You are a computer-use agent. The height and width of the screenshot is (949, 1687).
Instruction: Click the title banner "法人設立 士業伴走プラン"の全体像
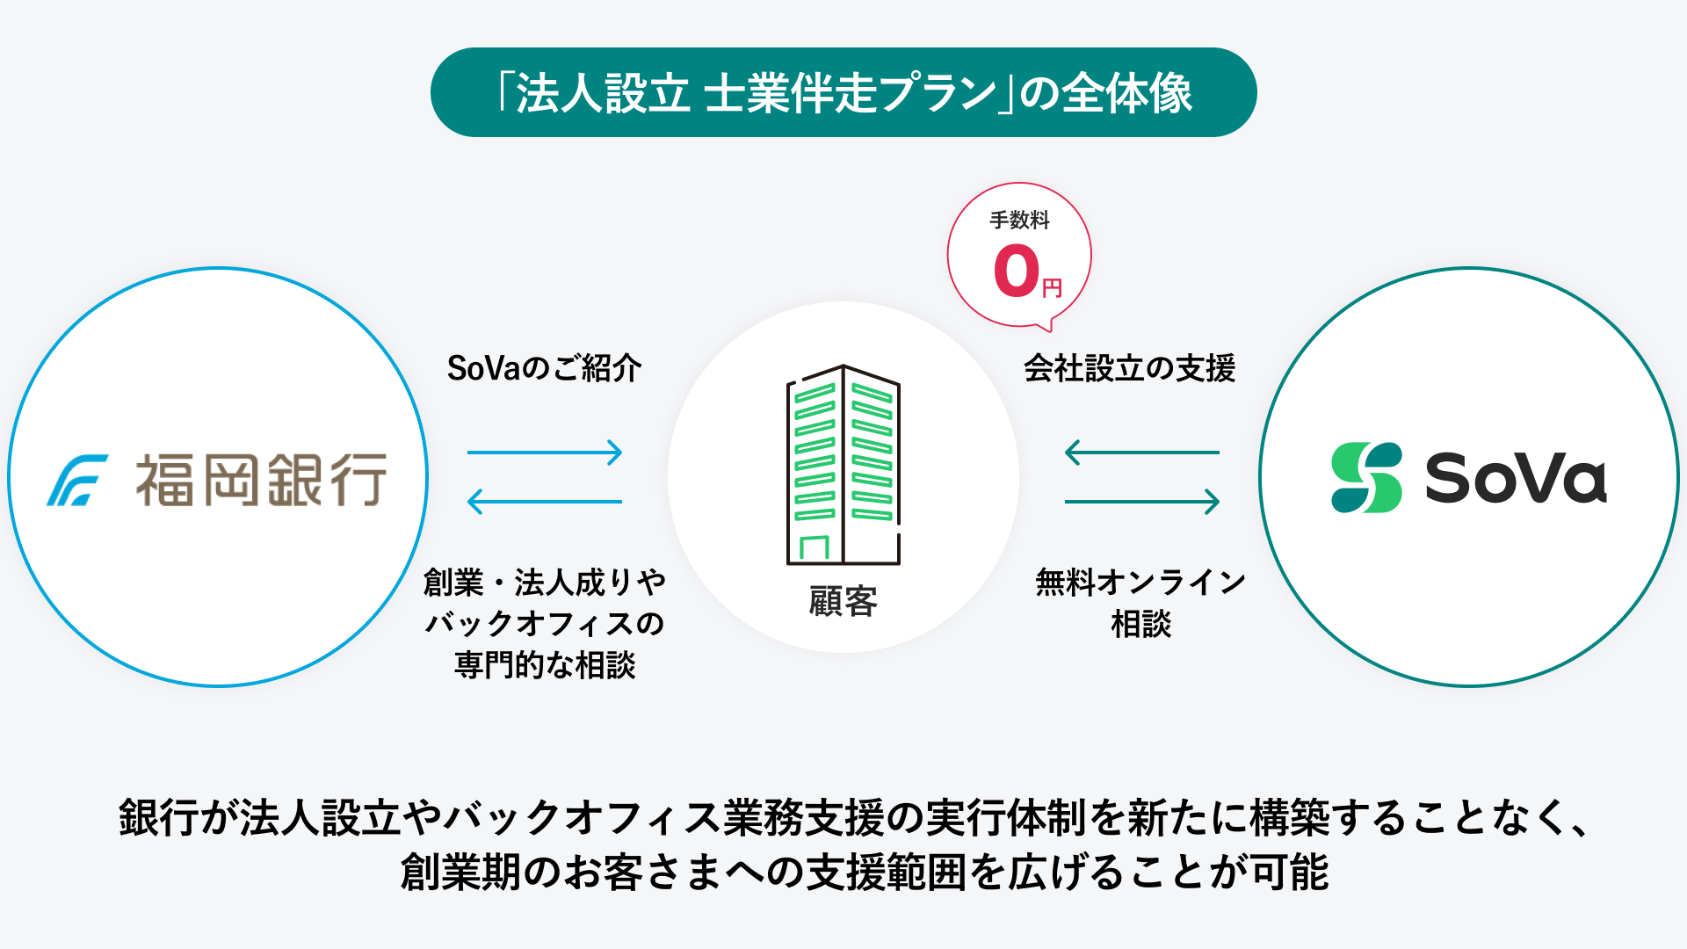843,92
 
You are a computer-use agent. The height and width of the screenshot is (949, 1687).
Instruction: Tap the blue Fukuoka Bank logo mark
77,480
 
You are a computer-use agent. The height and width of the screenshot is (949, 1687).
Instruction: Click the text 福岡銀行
261,480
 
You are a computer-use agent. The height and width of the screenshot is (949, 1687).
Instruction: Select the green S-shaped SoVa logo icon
1366,477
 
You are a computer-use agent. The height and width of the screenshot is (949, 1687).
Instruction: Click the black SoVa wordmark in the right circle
1516,478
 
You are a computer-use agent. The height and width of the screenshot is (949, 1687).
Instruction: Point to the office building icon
843,465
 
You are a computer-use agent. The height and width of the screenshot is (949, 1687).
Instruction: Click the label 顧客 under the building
843,602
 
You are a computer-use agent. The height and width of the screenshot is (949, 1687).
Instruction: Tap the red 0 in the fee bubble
1017,271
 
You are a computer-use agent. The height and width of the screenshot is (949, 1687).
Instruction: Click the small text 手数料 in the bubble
1019,220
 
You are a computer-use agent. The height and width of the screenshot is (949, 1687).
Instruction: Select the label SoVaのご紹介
544,368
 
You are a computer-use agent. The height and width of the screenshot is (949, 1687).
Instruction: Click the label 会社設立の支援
1129,368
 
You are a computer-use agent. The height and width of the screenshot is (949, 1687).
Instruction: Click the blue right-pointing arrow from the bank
545,453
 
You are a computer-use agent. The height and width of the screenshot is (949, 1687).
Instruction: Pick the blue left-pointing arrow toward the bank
545,502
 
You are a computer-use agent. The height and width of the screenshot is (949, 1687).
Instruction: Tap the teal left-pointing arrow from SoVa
1142,453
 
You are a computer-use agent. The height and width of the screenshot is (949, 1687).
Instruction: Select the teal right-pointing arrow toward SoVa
1142,502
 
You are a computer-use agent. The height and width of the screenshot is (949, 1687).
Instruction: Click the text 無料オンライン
1140,582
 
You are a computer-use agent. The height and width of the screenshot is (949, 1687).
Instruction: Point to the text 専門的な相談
545,665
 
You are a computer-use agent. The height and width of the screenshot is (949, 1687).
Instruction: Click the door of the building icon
815,548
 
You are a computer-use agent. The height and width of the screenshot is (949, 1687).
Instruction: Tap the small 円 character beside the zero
1052,288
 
